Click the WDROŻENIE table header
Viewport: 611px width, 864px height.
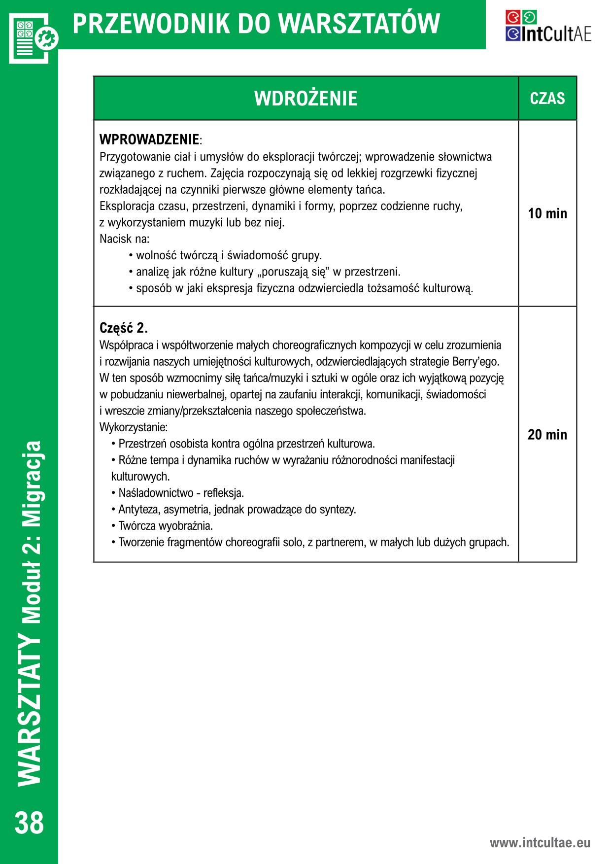(305, 99)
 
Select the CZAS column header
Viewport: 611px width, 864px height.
(547, 99)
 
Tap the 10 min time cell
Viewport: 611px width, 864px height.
(547, 214)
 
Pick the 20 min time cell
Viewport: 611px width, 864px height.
(547, 435)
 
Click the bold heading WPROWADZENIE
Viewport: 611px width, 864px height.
(150, 139)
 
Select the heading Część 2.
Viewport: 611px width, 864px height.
(124, 328)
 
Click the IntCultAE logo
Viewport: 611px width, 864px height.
(548, 26)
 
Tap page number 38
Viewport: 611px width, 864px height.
(30, 824)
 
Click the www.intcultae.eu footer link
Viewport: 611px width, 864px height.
(540, 842)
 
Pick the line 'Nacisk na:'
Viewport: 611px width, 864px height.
(124, 239)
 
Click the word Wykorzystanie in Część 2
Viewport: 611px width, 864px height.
(133, 427)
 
